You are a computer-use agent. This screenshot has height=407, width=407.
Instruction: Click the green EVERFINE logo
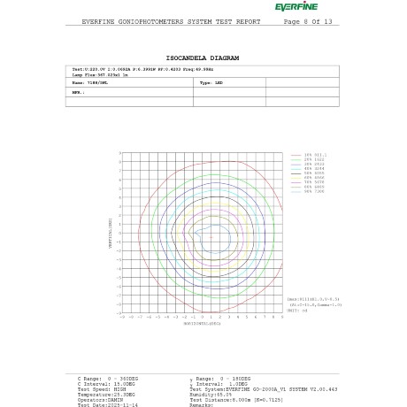[296, 7]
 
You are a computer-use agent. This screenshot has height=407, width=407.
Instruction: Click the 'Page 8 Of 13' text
[308, 21]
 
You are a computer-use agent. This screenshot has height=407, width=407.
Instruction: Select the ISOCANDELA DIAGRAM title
[203, 58]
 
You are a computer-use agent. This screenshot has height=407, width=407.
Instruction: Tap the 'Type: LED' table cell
[211, 82]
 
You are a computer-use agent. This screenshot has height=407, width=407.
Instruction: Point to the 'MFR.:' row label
[78, 92]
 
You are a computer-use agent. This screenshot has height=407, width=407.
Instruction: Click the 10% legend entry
[315, 155]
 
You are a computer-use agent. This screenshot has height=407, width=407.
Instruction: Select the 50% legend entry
[315, 173]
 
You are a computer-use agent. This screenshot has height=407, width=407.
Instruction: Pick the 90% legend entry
[315, 191]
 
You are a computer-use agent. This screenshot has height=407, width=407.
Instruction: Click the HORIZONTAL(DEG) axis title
[202, 323]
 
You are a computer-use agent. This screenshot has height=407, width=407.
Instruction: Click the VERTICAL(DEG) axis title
[111, 233]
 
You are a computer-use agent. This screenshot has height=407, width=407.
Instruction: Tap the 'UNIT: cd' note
[297, 311]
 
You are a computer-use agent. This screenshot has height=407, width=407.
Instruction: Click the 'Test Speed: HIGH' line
[102, 388]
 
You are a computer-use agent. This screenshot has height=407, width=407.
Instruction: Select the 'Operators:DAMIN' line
[100, 399]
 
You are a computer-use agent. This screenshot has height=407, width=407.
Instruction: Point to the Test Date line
[107, 404]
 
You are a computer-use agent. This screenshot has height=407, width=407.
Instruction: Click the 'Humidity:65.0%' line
[211, 394]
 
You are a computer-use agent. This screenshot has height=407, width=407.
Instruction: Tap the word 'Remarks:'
[202, 404]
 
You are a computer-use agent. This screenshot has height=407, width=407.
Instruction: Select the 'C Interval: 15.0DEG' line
[106, 383]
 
